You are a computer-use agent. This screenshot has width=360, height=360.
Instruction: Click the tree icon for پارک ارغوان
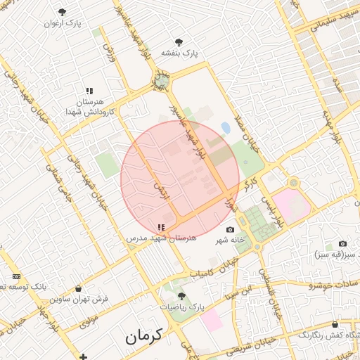tap(63, 12)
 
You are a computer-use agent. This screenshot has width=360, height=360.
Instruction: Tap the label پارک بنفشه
tap(180, 53)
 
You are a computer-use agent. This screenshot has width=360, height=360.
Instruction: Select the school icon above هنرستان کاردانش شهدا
tap(89, 91)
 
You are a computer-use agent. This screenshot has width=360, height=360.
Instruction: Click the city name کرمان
tap(144, 335)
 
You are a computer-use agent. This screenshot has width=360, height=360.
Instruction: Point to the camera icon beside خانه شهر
tap(230, 230)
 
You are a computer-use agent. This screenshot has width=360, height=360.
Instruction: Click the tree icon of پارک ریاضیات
tap(182, 296)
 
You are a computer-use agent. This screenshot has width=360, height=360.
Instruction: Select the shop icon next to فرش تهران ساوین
tap(78, 288)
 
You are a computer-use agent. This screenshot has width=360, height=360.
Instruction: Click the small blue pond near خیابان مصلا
tap(225, 127)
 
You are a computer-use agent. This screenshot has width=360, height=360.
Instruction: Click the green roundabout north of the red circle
tap(162, 82)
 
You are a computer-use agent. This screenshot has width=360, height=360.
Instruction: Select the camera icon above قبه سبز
tap(342, 243)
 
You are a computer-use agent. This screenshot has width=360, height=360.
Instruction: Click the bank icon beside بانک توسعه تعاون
tap(16, 276)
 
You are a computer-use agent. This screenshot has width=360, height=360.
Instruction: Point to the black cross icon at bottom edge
tap(84, 356)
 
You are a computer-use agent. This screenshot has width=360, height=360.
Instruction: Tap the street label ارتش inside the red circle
tap(157, 188)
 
